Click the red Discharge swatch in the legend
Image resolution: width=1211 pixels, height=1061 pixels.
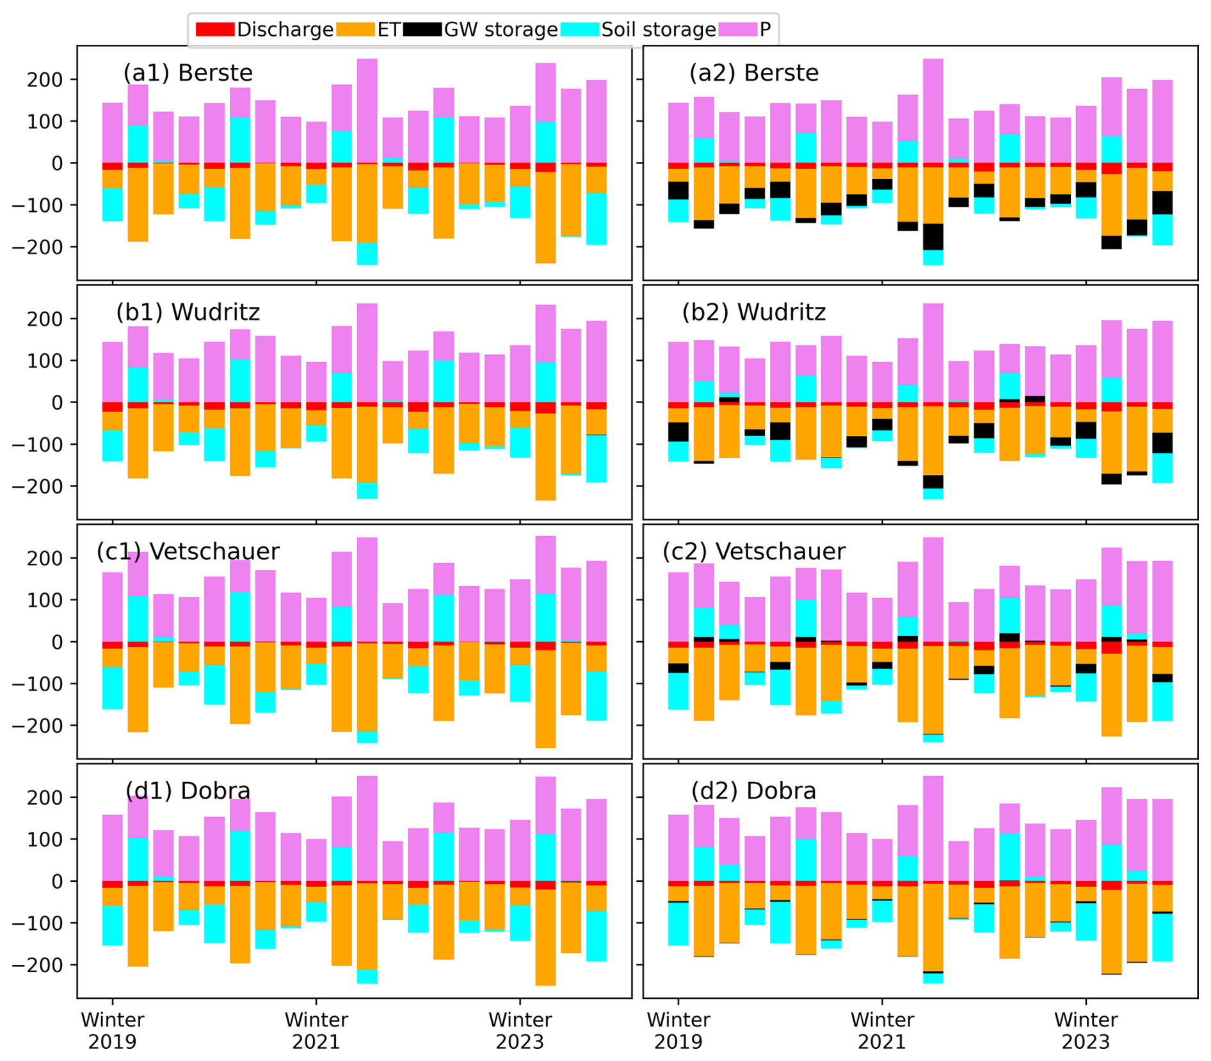(x=214, y=29)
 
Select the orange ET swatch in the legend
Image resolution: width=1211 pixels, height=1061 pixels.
(x=355, y=29)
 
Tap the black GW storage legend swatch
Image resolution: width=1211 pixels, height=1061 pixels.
(x=422, y=29)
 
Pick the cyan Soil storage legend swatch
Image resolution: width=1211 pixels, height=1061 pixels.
(x=579, y=29)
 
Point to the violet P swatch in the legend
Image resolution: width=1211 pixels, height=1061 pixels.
(x=737, y=29)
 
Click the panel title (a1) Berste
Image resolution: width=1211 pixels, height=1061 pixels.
(x=188, y=73)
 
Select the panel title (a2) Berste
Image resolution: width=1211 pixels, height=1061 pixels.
(x=753, y=73)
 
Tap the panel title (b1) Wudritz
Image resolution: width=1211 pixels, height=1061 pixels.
(x=188, y=312)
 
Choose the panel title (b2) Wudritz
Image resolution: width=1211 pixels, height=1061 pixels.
(x=753, y=312)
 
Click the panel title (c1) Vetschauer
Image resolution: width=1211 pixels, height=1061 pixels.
(x=188, y=552)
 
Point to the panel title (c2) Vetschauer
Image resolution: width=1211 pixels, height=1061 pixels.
(x=753, y=552)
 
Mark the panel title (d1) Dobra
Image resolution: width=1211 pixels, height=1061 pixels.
(x=188, y=791)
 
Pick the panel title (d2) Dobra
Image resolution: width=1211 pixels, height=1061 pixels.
(x=753, y=791)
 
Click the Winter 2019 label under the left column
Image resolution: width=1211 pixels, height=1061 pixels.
(x=113, y=1031)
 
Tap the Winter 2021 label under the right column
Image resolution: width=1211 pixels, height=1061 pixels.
(x=882, y=1031)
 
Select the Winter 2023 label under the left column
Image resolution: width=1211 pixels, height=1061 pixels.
(x=520, y=1031)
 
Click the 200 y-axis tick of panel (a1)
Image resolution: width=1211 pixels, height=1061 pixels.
(x=44, y=80)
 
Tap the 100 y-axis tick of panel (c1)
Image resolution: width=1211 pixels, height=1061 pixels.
(x=44, y=600)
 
